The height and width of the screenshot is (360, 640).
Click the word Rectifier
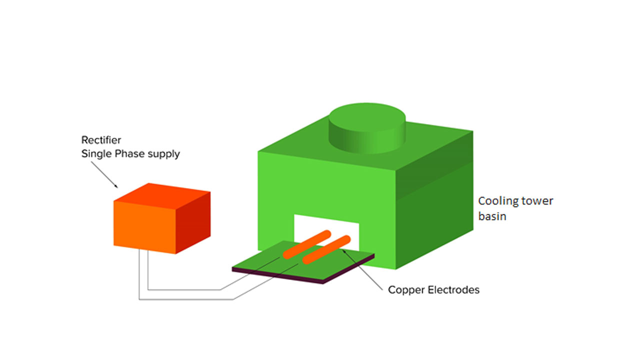tap(101, 140)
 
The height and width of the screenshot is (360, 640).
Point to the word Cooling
tap(497, 201)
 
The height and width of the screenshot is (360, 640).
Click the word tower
tap(536, 201)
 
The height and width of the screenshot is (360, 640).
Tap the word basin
tap(492, 216)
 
